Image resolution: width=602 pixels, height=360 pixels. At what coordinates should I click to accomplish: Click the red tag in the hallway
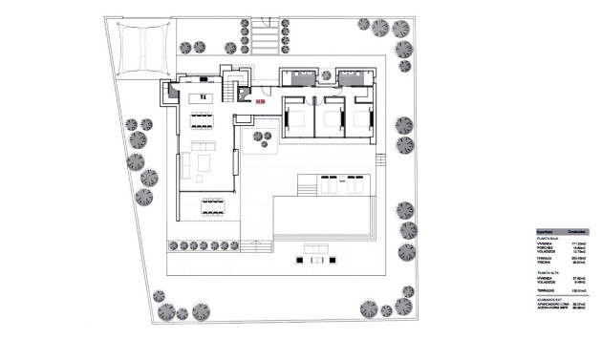pyautogui.click(x=261, y=94)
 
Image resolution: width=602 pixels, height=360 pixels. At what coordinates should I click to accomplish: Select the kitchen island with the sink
pyautogui.click(x=203, y=96)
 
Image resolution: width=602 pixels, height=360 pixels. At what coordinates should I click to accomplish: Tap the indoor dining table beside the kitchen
pyautogui.click(x=203, y=121)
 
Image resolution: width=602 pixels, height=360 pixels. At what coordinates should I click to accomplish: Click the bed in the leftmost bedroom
pyautogui.click(x=296, y=121)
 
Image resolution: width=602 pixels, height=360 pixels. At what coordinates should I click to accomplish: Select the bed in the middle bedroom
pyautogui.click(x=333, y=121)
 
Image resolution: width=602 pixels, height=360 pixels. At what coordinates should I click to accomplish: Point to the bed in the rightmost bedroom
pyautogui.click(x=363, y=121)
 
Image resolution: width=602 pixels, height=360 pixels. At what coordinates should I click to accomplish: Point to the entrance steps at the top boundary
pyautogui.click(x=269, y=41)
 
